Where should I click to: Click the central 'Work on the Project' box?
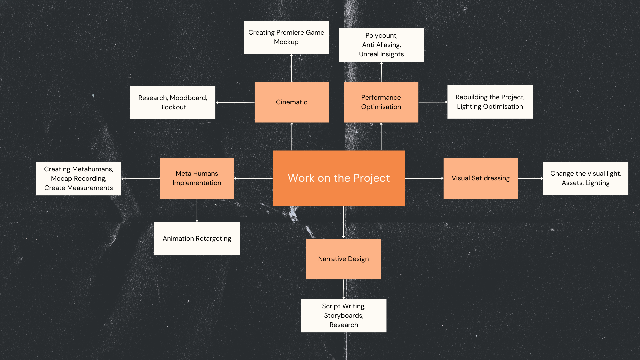[x=339, y=178]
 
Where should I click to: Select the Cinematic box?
[x=292, y=102]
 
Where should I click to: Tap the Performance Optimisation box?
[x=381, y=102]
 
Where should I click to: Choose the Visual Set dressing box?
[x=481, y=178]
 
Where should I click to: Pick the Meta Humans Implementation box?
[x=197, y=178]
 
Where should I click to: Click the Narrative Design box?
[x=343, y=259]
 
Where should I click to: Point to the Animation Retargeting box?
[x=197, y=238]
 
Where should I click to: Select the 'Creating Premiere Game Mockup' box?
[x=286, y=37]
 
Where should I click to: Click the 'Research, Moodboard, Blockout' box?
[x=173, y=102]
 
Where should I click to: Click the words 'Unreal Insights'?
[x=381, y=54]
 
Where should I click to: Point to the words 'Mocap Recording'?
[x=78, y=178]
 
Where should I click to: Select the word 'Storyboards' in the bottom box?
[x=343, y=315]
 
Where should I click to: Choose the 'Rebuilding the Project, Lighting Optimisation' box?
[x=490, y=102]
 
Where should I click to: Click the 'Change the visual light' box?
[x=585, y=178]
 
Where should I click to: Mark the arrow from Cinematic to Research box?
[x=235, y=102]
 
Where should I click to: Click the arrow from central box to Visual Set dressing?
[x=424, y=178]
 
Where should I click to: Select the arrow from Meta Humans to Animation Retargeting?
[x=197, y=210]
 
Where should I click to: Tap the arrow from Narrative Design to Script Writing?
[x=344, y=289]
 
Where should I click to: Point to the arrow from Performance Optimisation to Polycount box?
[x=381, y=72]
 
